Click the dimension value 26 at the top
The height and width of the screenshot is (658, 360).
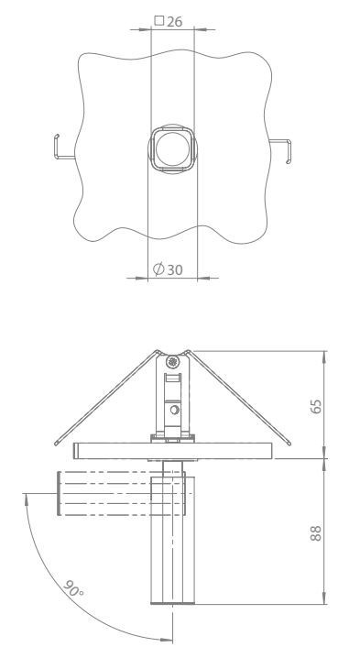[175, 22]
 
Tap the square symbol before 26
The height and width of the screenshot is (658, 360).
[159, 20]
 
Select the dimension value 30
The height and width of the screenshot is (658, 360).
[175, 269]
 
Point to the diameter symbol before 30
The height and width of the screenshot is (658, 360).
[158, 269]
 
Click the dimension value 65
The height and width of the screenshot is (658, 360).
[316, 406]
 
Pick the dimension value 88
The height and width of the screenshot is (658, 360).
[316, 533]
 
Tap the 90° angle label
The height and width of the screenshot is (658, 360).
[73, 588]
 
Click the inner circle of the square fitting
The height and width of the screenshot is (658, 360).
[172, 149]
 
